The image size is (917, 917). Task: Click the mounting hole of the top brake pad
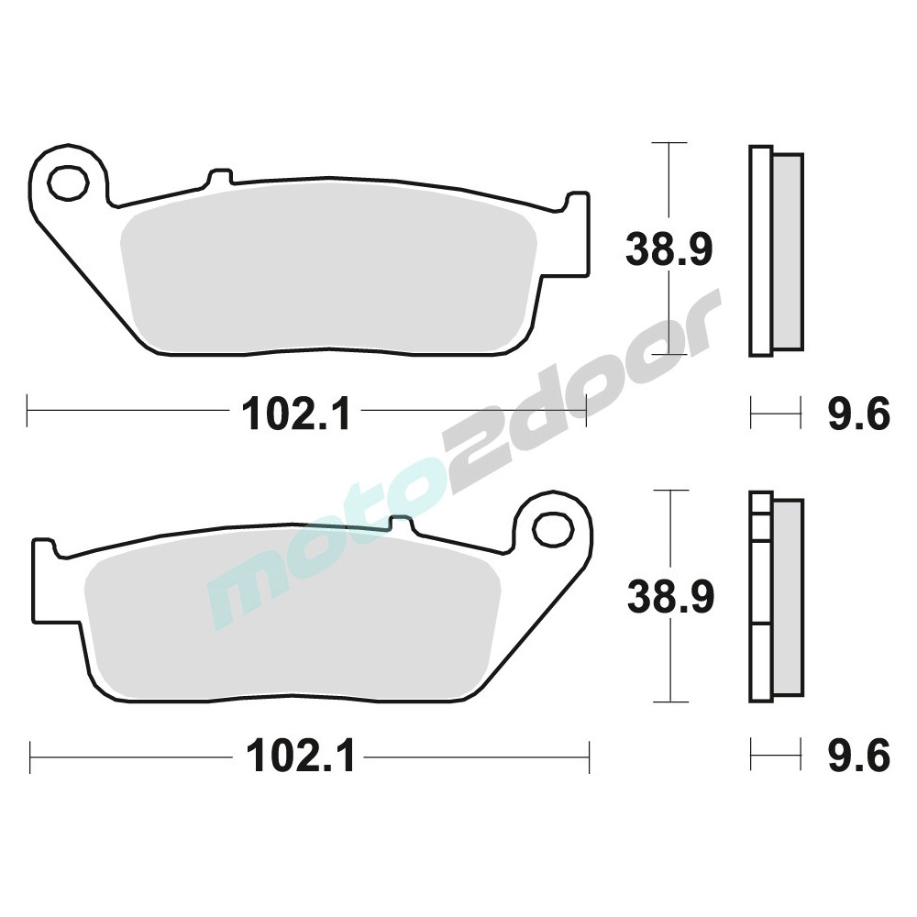68,183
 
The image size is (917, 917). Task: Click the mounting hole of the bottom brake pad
553,529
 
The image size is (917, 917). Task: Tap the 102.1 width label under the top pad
298,414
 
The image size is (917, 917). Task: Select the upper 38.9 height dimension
669,249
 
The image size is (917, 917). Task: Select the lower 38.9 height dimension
670,596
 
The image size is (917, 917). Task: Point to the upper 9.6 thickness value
858,414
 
